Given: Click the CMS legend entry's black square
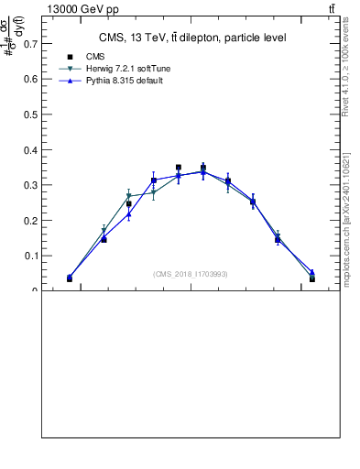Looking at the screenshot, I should tap(69, 57).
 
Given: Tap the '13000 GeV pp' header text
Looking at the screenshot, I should tap(76, 8).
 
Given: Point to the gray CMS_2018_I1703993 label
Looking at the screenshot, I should tap(191, 274).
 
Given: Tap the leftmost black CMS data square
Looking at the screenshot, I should tap(70, 278).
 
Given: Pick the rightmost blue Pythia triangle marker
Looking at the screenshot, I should tap(312, 272).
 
